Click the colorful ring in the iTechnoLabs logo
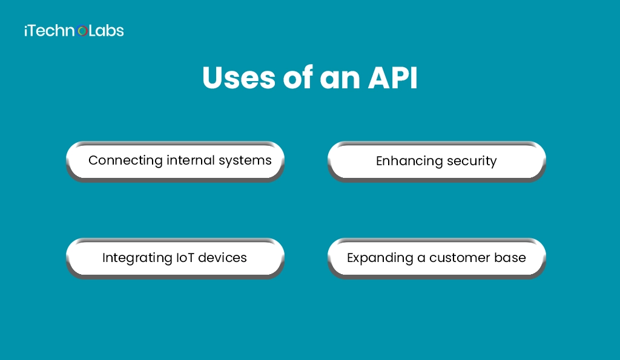tap(82, 31)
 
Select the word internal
tap(191, 160)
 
